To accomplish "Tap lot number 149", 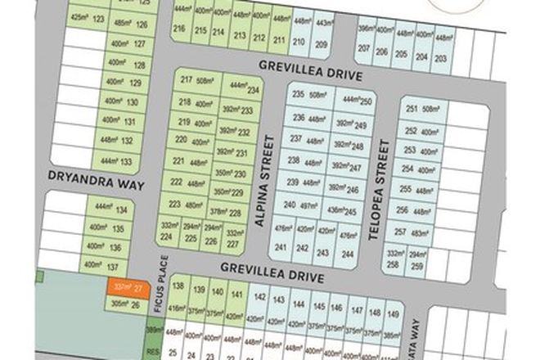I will click(x=394, y=313).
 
